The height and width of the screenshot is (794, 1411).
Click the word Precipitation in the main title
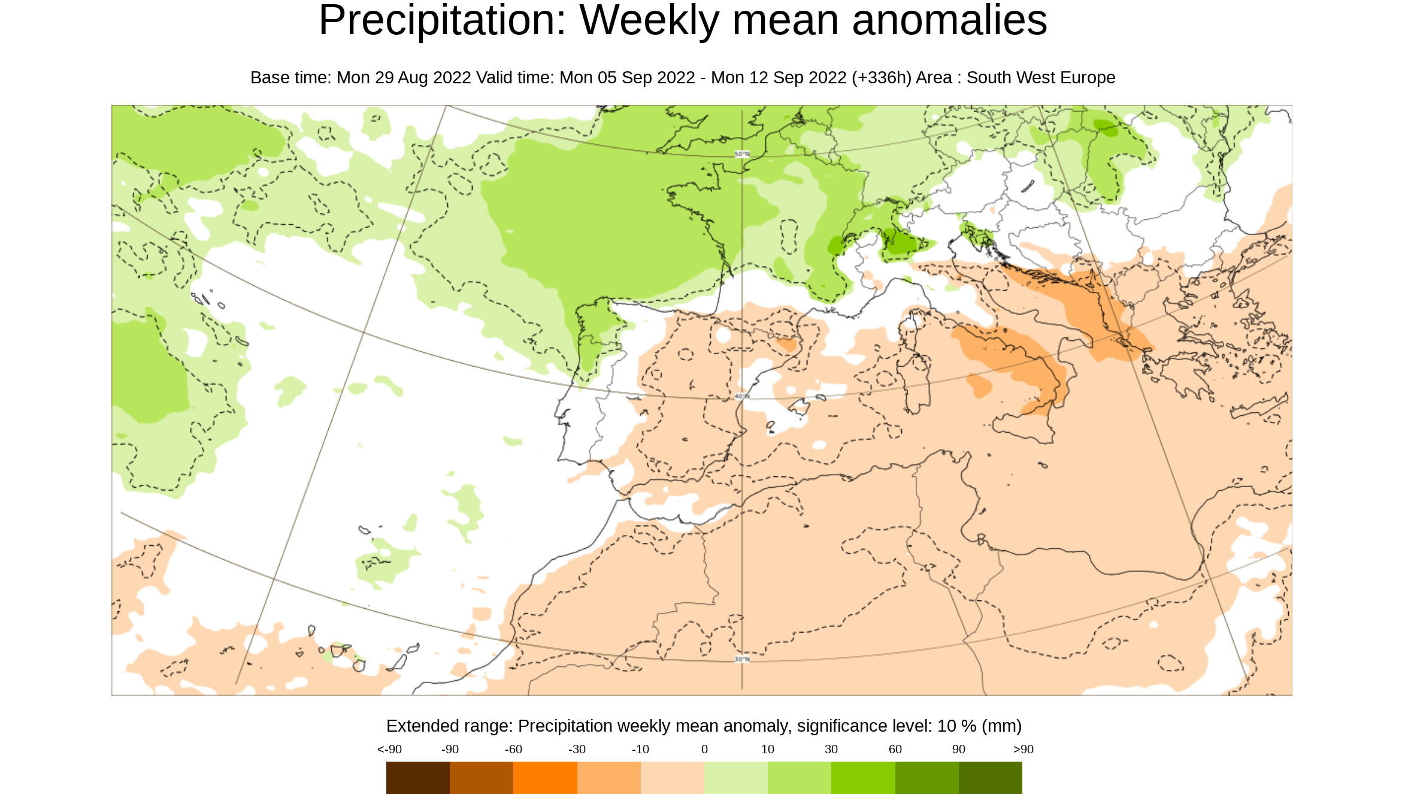coord(441,21)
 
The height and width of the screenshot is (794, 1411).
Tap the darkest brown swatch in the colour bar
coord(417,777)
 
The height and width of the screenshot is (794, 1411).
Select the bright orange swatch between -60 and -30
coord(545,777)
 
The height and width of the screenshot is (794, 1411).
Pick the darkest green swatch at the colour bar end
coord(990,777)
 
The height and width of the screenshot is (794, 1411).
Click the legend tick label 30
coord(831,749)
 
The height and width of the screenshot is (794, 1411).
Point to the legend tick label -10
coord(640,749)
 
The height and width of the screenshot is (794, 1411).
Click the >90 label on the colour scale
coord(1023,749)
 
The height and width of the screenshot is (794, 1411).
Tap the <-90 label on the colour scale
coord(389,749)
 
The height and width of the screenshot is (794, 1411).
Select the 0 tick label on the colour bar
coord(704,749)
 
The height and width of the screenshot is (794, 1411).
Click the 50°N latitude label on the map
coord(742,154)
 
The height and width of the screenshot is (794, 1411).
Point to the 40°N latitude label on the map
coord(742,396)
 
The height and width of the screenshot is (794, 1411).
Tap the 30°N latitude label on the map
coord(742,659)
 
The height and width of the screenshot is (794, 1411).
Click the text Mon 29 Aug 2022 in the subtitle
coord(404,78)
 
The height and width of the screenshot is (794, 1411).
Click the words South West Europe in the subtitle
coord(1040,78)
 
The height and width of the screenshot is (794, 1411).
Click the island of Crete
coord(1258,407)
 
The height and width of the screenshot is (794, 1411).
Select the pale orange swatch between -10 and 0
coord(672,777)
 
